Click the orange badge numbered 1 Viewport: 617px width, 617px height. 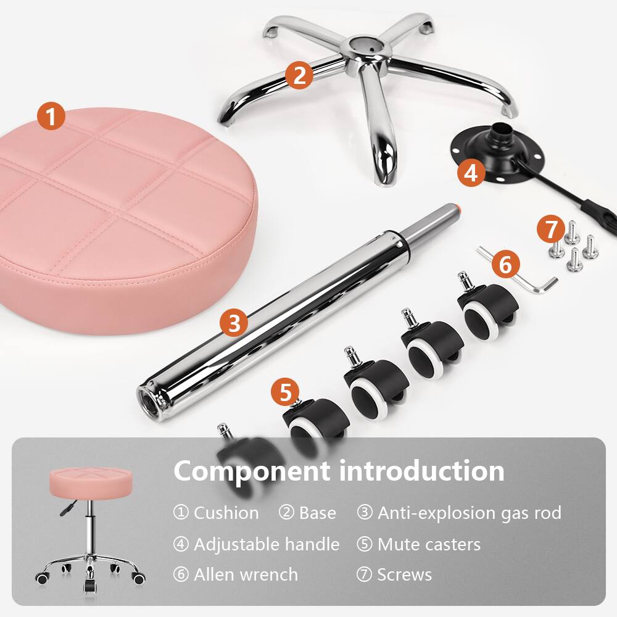pos(51,116)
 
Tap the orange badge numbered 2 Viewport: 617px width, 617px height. pos(299,75)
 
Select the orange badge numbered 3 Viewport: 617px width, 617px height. pos(234,322)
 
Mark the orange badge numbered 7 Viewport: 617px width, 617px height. pos(550,229)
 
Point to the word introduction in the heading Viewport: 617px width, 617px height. pos(421,471)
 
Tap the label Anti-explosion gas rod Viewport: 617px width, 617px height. pos(469,513)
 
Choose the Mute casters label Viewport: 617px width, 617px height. pos(429,544)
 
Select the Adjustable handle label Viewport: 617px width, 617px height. pos(266,544)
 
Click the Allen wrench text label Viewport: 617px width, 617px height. pos(246,575)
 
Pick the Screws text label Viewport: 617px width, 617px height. pos(404,575)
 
